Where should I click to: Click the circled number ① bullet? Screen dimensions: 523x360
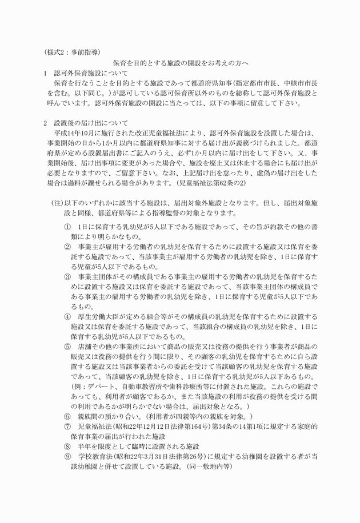point(67,227)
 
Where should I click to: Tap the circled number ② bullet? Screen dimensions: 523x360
point(67,247)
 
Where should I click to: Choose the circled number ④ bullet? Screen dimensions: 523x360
point(67,316)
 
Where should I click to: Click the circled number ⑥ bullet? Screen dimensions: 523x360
point(67,416)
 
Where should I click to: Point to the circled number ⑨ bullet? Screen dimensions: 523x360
point(67,456)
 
